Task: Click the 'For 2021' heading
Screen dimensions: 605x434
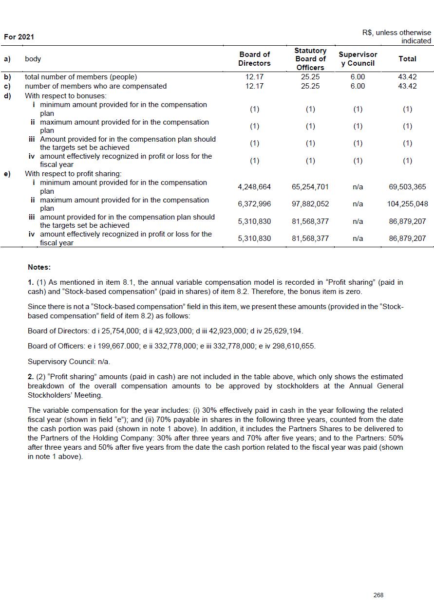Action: pyautogui.click(x=19, y=37)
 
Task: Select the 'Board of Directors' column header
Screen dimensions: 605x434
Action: pyautogui.click(x=254, y=59)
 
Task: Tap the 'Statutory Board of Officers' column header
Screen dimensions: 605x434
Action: pyautogui.click(x=310, y=59)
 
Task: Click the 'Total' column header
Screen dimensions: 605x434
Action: pyautogui.click(x=407, y=59)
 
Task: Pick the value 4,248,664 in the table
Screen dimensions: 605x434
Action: pyautogui.click(x=254, y=187)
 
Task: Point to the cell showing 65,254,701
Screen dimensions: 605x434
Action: pyautogui.click(x=310, y=187)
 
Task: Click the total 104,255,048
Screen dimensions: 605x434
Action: pyautogui.click(x=408, y=204)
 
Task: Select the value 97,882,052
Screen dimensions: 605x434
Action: pyautogui.click(x=310, y=204)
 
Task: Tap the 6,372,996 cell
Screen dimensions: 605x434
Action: pyautogui.click(x=254, y=204)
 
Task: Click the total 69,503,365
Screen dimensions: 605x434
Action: pyautogui.click(x=408, y=187)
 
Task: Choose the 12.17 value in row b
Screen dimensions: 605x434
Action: pyautogui.click(x=254, y=77)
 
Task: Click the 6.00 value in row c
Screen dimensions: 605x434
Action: pyautogui.click(x=358, y=86)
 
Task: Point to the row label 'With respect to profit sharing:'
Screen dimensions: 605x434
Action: pyautogui.click(x=73, y=174)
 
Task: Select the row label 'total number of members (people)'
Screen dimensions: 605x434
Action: pyautogui.click(x=81, y=77)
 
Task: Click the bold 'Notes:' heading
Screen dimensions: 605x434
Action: pyautogui.click(x=39, y=267)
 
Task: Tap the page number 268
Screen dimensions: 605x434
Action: pyautogui.click(x=378, y=595)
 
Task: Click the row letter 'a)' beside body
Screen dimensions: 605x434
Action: pyautogui.click(x=7, y=59)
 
